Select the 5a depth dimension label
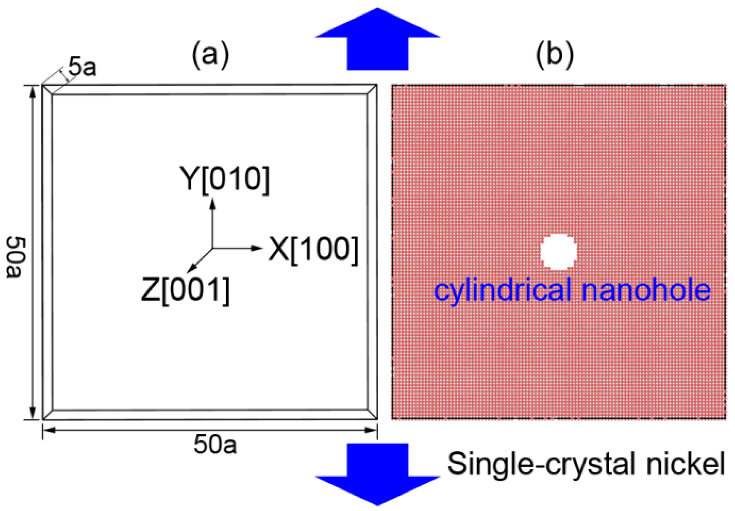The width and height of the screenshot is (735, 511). [x=82, y=67]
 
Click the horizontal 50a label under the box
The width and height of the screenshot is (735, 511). [x=215, y=445]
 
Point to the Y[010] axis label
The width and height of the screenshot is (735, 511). [x=224, y=179]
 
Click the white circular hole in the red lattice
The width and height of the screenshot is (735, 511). [x=558, y=252]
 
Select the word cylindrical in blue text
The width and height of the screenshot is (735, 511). [x=503, y=290]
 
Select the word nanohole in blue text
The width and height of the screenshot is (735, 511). [x=646, y=290]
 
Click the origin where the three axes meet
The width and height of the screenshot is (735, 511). [x=213, y=248]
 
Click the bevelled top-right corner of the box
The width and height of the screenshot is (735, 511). [x=372, y=89]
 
